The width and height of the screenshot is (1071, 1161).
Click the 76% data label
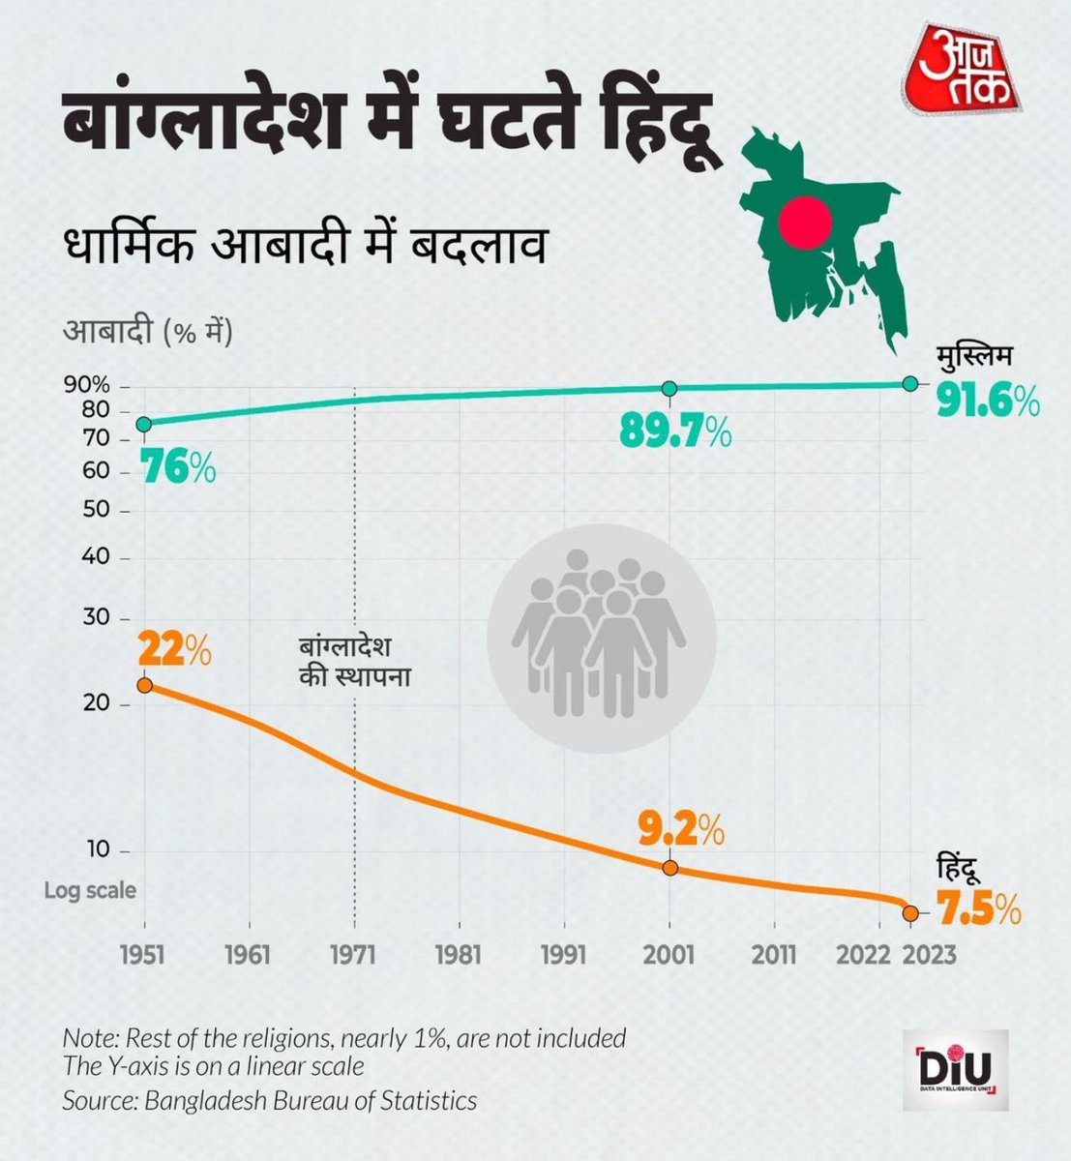point(177,469)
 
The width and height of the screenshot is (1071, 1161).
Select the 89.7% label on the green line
point(675,434)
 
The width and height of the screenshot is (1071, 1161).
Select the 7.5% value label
point(979,910)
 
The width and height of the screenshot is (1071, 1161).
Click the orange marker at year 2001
point(669,867)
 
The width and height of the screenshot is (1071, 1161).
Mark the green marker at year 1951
point(144,424)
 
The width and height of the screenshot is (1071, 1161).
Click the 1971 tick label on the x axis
point(354,955)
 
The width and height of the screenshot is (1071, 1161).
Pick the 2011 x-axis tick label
point(775,955)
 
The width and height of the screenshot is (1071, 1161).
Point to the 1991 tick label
point(564,955)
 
